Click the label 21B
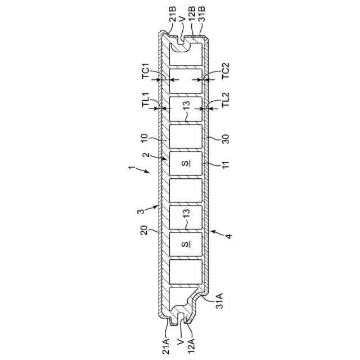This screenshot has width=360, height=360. (173, 14)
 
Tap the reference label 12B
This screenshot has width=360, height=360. (192, 14)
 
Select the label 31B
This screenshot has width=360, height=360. (202, 14)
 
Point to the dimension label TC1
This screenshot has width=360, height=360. (146, 71)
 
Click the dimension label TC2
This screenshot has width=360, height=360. (226, 71)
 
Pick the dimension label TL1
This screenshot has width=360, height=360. (146, 100)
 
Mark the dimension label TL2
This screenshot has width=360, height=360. (226, 100)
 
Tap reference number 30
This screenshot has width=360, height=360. (226, 139)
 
